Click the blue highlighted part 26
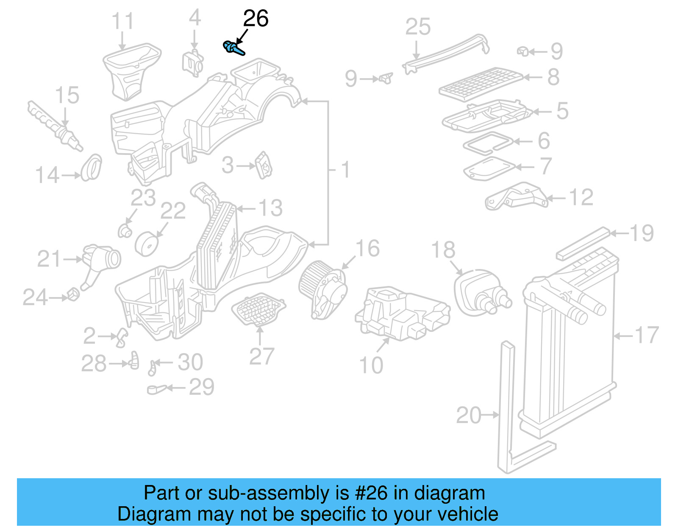click(x=233, y=48)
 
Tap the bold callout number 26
click(x=256, y=19)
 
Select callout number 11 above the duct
click(x=122, y=22)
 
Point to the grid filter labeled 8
click(x=481, y=83)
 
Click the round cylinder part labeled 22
click(x=147, y=244)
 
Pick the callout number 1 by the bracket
click(x=346, y=170)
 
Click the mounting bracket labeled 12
click(x=517, y=196)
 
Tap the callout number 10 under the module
click(x=371, y=365)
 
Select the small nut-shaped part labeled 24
click(x=73, y=294)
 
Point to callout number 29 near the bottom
click(x=201, y=387)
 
